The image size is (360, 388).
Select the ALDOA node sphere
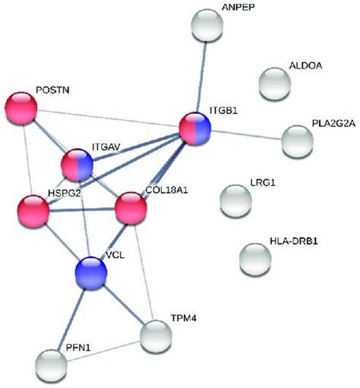pos(275,81)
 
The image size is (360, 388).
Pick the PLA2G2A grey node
pos(296,141)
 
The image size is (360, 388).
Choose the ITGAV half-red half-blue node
pos(77,165)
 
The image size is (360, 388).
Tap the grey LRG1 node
pos(235,200)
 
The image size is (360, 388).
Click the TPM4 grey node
pos(156,336)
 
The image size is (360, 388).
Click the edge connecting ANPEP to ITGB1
pos(203,76)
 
